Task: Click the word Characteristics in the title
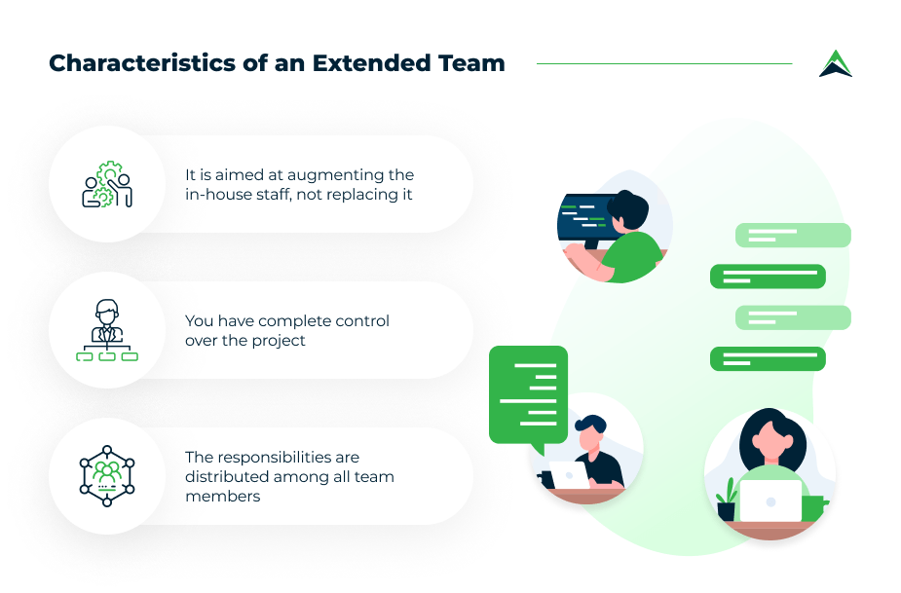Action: click(142, 63)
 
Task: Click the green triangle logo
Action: click(836, 63)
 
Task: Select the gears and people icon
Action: click(107, 184)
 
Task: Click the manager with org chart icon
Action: click(107, 330)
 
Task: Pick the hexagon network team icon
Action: click(107, 476)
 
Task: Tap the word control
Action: click(362, 320)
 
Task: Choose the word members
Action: click(222, 497)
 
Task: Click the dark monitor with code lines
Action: click(586, 218)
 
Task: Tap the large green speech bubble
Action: click(528, 396)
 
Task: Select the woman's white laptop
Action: click(770, 500)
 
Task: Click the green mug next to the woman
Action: click(813, 508)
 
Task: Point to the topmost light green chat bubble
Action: click(793, 235)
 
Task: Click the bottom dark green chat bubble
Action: click(768, 359)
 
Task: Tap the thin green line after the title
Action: click(664, 64)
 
